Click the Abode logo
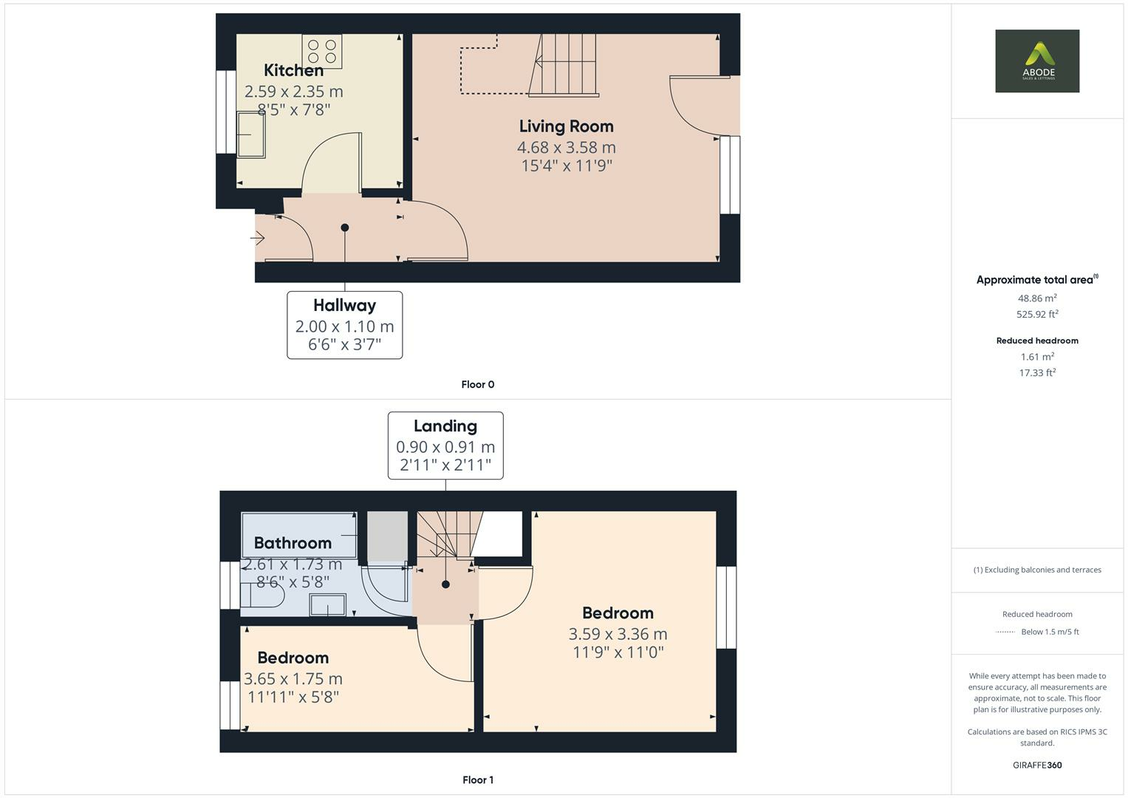point(1037,61)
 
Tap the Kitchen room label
point(293,70)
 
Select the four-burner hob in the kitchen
point(322,52)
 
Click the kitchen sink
point(250,135)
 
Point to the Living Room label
point(567,126)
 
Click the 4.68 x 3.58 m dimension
point(567,147)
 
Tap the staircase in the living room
point(564,65)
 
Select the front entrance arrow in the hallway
point(257,237)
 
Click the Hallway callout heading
point(344,305)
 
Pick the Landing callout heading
point(445,426)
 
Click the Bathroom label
point(293,542)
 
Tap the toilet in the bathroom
point(262,595)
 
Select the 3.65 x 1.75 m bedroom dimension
point(293,678)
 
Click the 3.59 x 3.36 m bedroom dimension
point(618,634)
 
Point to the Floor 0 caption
point(478,384)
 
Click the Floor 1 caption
point(478,780)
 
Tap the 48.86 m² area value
point(1037,298)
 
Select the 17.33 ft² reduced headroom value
point(1037,372)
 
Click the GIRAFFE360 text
point(1037,765)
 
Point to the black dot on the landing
point(445,584)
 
